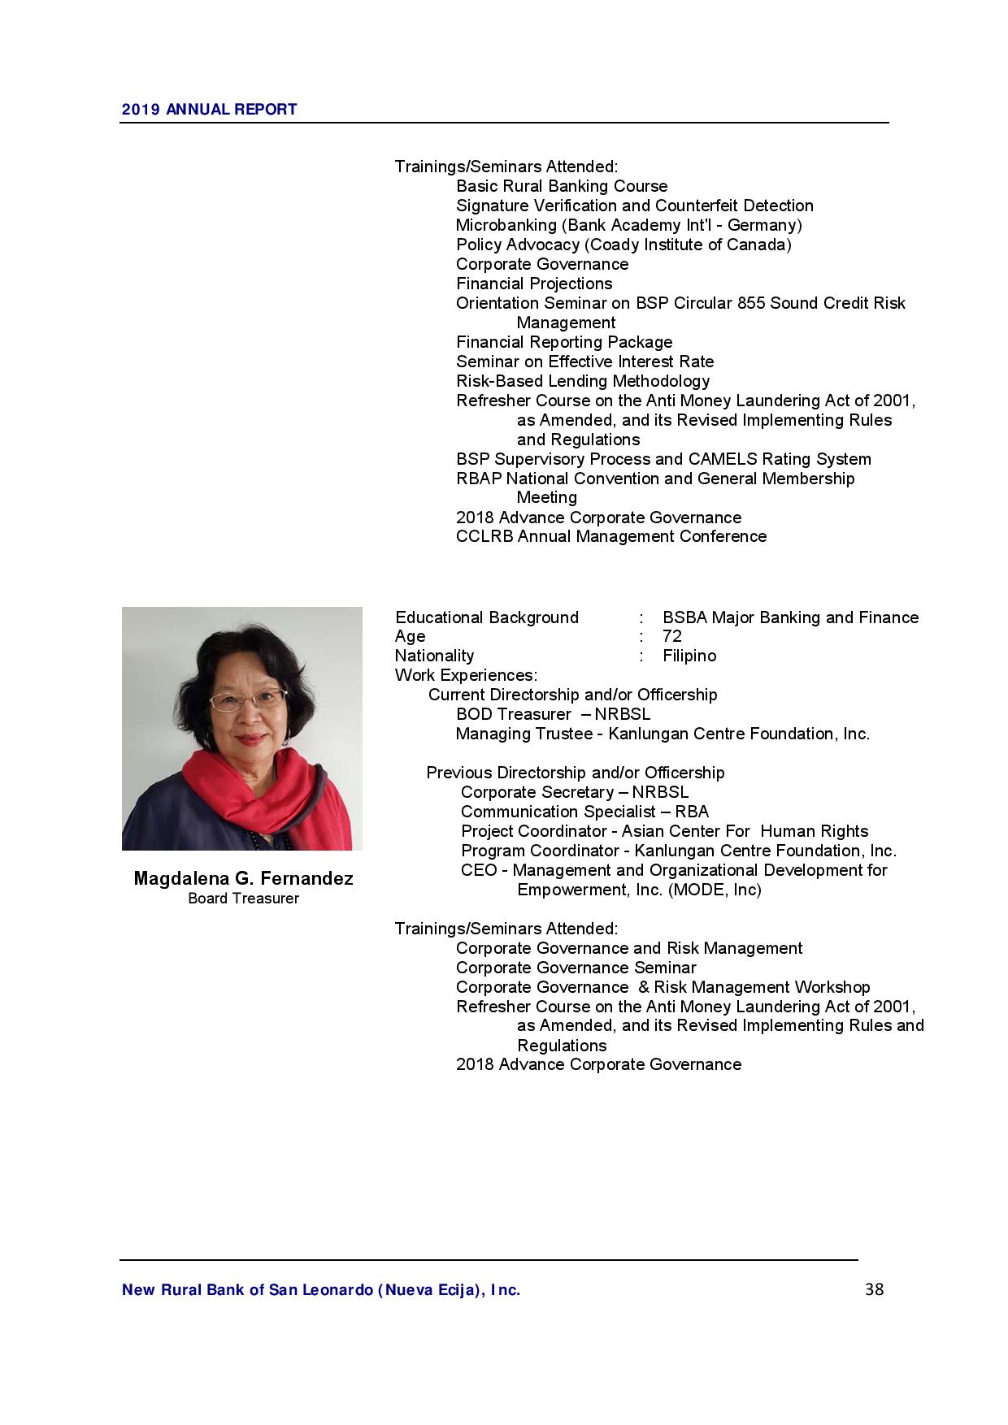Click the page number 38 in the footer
click(874, 1289)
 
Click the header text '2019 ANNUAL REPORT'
click(209, 110)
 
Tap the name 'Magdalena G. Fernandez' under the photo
click(243, 879)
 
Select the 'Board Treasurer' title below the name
click(243, 899)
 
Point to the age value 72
click(672, 636)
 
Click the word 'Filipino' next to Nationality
click(689, 656)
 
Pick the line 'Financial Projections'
click(534, 284)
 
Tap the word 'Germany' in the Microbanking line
click(761, 225)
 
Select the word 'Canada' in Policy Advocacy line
click(762, 245)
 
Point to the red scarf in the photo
click(268, 796)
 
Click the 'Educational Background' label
click(487, 617)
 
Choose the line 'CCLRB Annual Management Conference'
click(610, 536)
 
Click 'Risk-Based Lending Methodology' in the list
click(583, 381)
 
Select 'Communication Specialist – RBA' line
click(584, 812)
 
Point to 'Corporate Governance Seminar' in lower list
click(576, 968)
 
